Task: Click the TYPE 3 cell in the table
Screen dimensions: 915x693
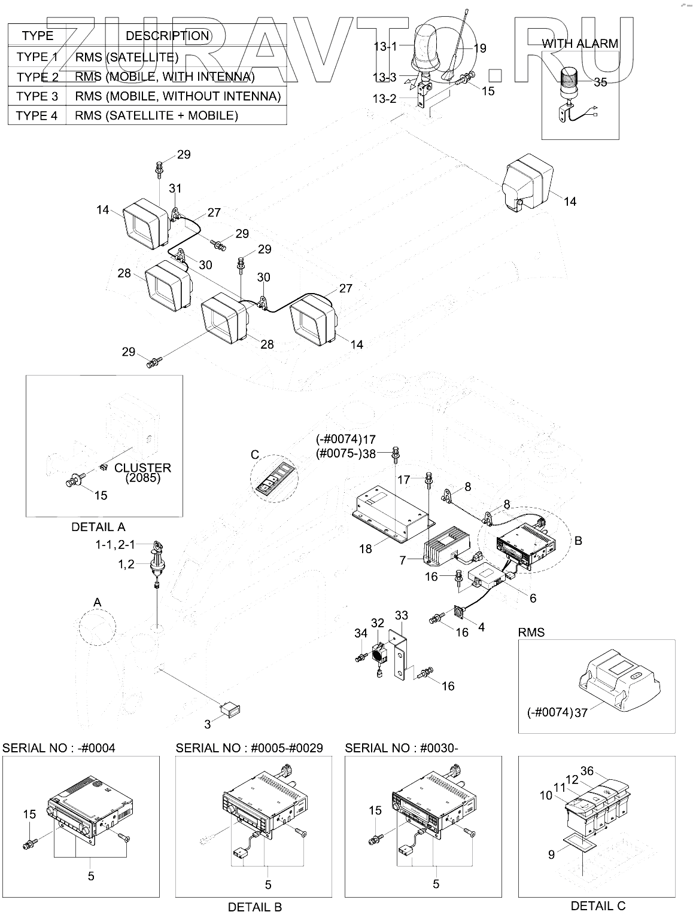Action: [x=37, y=96]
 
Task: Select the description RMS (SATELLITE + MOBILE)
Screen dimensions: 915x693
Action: [x=156, y=115]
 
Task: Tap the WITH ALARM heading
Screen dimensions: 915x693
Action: [x=579, y=43]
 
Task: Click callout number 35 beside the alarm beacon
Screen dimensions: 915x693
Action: [x=600, y=83]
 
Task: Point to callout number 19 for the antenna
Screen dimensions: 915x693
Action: [x=479, y=48]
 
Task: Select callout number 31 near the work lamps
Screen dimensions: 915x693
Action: [x=175, y=188]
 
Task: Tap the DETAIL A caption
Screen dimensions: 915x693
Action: [x=98, y=527]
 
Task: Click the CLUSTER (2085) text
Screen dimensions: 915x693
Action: [x=142, y=472]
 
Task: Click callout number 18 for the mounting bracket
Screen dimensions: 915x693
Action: [x=365, y=548]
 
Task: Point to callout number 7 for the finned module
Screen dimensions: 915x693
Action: [x=403, y=560]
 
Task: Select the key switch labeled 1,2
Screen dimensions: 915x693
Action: [x=157, y=563]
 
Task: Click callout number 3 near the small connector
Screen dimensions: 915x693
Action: [x=208, y=725]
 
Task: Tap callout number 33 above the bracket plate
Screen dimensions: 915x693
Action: [x=401, y=615]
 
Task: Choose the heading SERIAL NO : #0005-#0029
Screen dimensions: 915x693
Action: [x=249, y=748]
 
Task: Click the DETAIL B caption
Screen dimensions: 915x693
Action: [x=254, y=907]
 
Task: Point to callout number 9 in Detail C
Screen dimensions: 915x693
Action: [x=551, y=855]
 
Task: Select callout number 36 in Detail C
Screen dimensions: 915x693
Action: [x=586, y=771]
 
